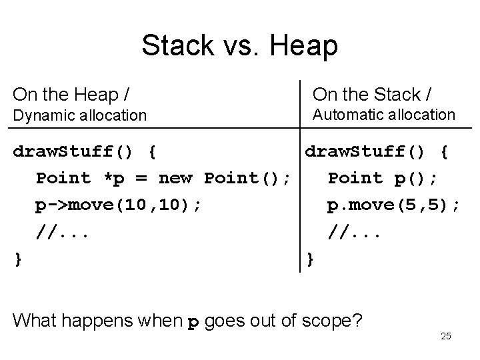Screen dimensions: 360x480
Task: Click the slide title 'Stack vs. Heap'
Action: tap(239, 45)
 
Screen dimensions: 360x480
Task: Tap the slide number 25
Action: tap(446, 336)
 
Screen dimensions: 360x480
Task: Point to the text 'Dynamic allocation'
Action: tap(80, 115)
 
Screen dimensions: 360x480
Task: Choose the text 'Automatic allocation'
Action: tap(384, 115)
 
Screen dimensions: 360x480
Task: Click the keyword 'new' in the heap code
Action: tap(175, 178)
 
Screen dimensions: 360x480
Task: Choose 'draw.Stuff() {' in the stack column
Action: tap(376, 152)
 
